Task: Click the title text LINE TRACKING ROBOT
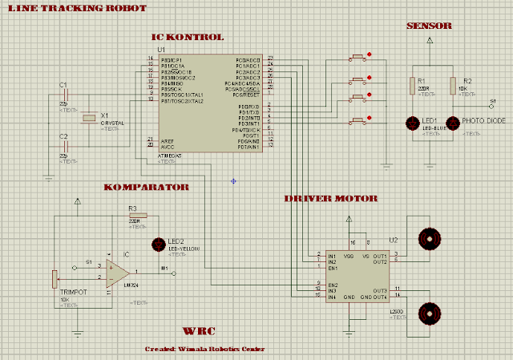pyautogui.click(x=76, y=8)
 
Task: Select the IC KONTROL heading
pyautogui.click(x=188, y=37)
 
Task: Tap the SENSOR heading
pyautogui.click(x=429, y=26)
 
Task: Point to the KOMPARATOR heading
pyautogui.click(x=146, y=187)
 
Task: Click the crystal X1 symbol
pyautogui.click(x=89, y=119)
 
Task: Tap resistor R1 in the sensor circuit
pyautogui.click(x=413, y=86)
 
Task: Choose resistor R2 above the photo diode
pyautogui.click(x=453, y=86)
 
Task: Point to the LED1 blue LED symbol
pyautogui.click(x=413, y=123)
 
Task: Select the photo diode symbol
pyautogui.click(x=453, y=123)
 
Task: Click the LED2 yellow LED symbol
pyautogui.click(x=157, y=244)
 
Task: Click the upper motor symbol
pyautogui.click(x=430, y=237)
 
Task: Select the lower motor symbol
pyautogui.click(x=430, y=313)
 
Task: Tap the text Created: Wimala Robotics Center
pyautogui.click(x=204, y=349)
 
